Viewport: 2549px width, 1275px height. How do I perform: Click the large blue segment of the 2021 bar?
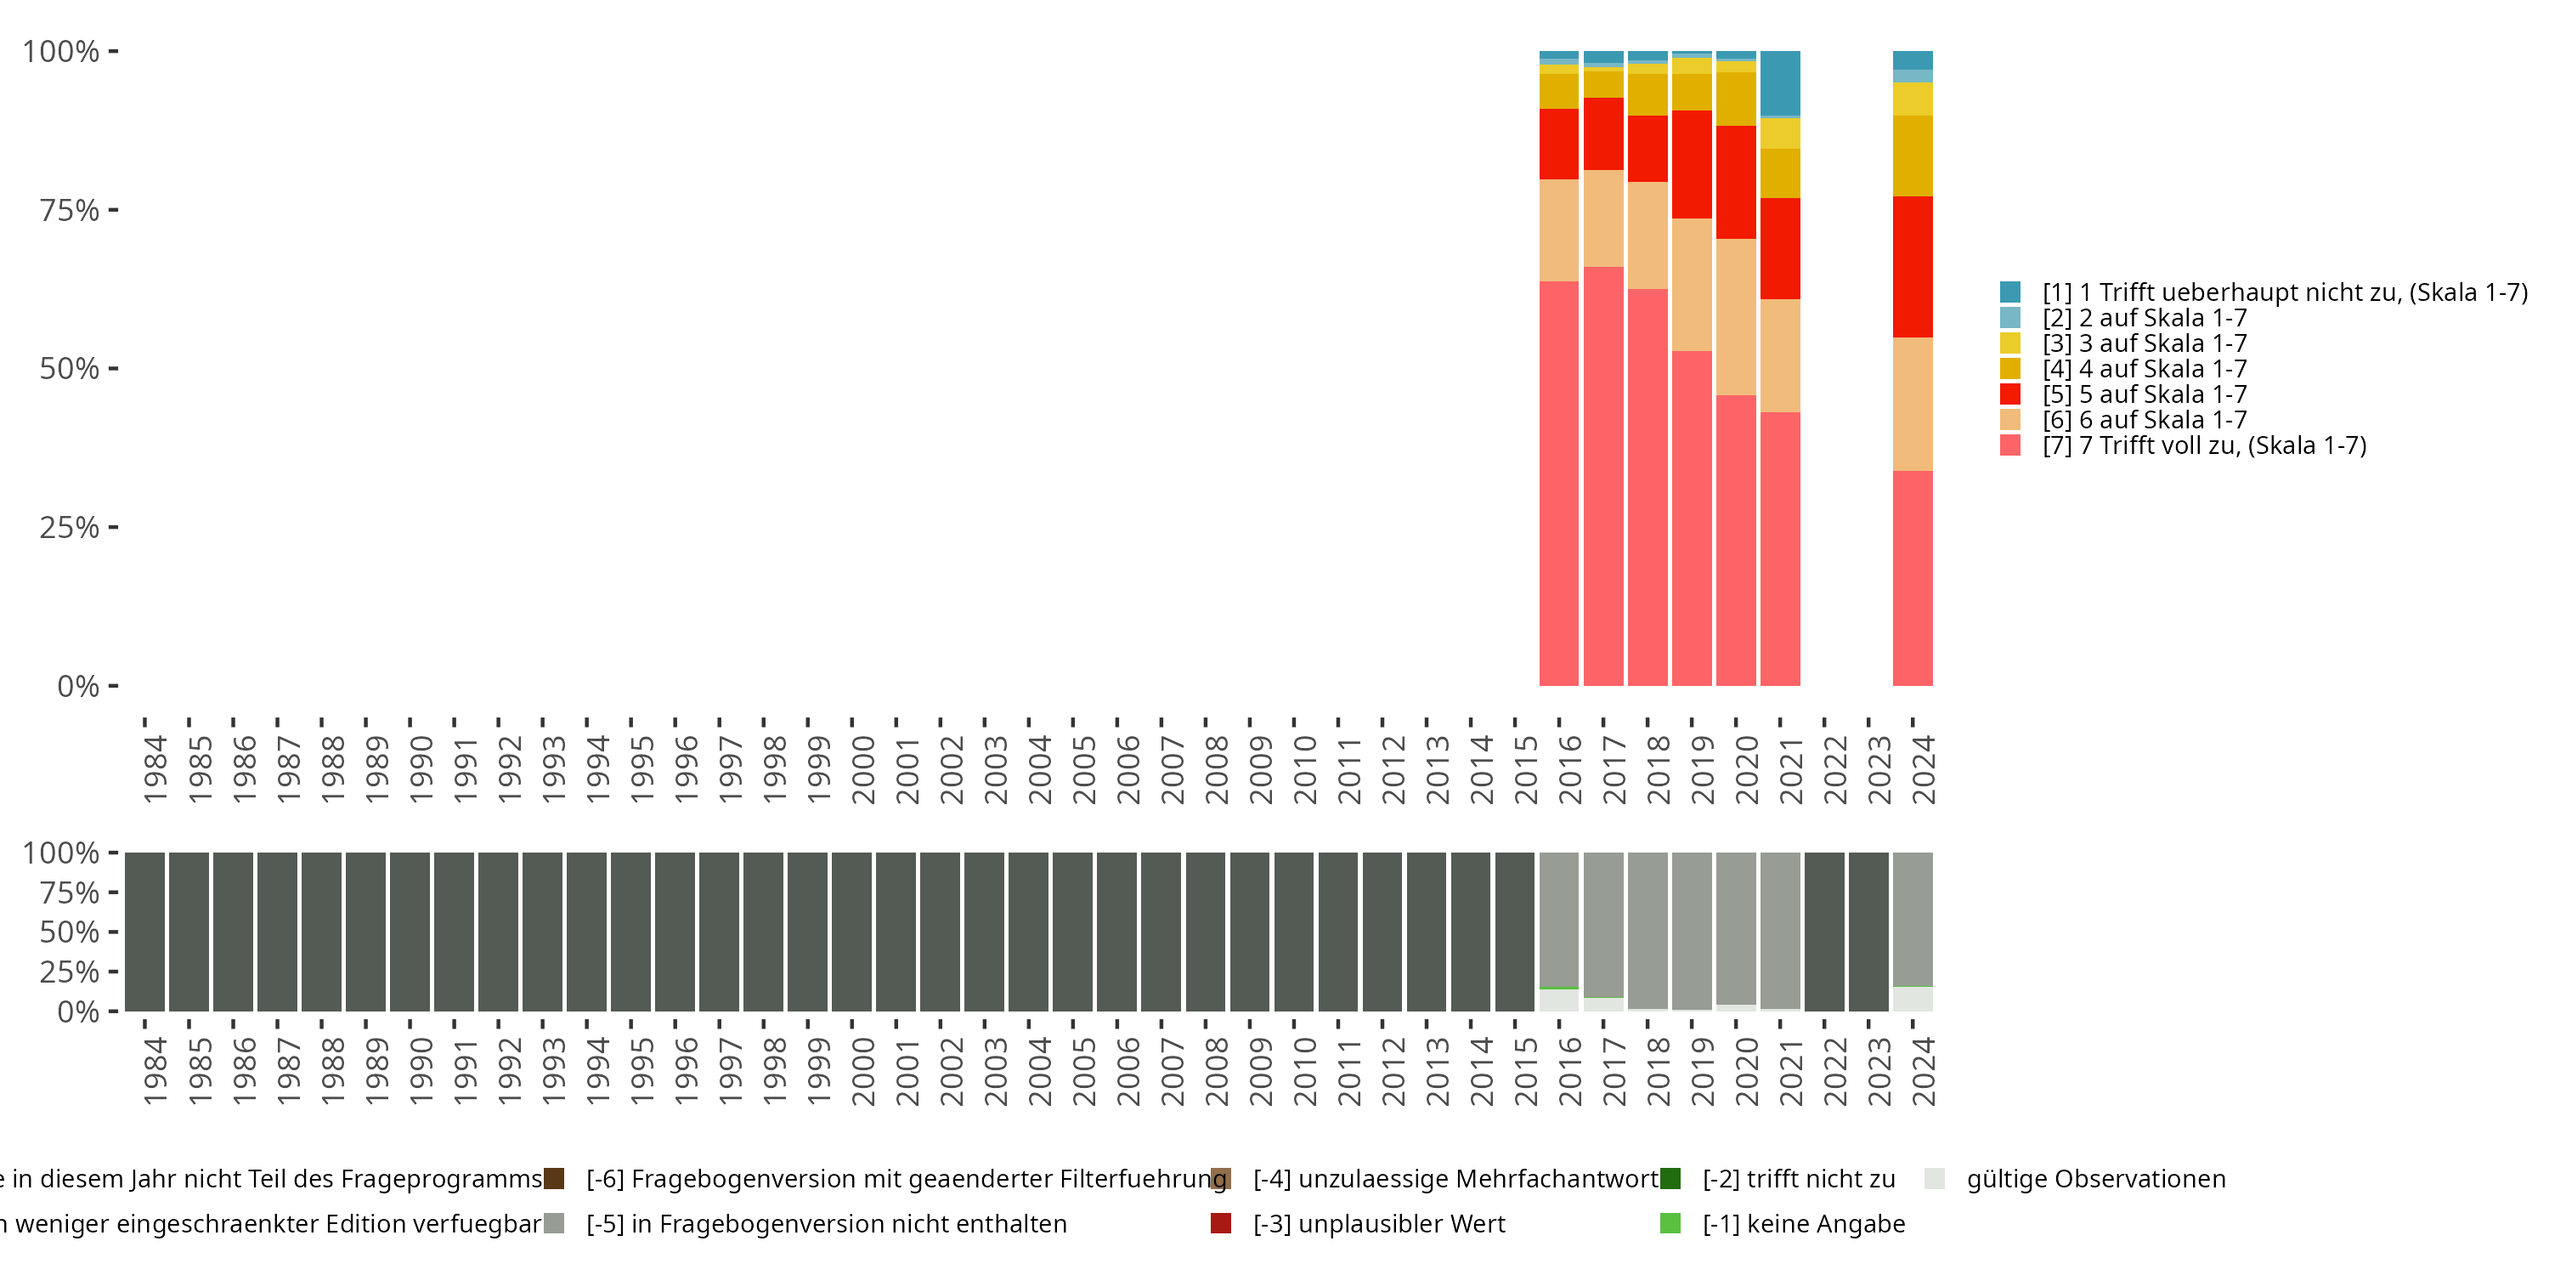pyautogui.click(x=1779, y=84)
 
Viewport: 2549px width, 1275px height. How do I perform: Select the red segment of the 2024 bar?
pyautogui.click(x=1912, y=267)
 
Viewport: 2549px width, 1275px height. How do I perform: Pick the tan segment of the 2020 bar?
pyautogui.click(x=1736, y=317)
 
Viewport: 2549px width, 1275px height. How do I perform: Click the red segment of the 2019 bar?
pyautogui.click(x=1691, y=164)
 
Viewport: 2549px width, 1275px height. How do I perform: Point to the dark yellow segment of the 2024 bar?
pyautogui.click(x=1912, y=156)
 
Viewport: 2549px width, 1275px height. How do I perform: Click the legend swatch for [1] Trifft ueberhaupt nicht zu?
pyautogui.click(x=2009, y=292)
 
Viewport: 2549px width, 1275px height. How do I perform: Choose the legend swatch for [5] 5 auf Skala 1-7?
pyautogui.click(x=2009, y=394)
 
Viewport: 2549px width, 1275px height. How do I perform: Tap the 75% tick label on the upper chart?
pyautogui.click(x=70, y=211)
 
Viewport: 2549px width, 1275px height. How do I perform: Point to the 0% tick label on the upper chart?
pyautogui.click(x=78, y=686)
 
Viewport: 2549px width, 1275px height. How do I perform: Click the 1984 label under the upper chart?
pyautogui.click(x=155, y=769)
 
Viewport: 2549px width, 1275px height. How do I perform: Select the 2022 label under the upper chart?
pyautogui.click(x=1834, y=769)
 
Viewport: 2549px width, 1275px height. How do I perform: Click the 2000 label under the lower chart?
pyautogui.click(x=863, y=1071)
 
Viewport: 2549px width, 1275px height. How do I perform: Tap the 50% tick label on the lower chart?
pyautogui.click(x=70, y=932)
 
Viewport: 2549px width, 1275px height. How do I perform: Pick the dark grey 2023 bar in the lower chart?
pyautogui.click(x=1868, y=932)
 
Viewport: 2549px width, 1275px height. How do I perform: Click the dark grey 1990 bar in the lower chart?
pyautogui.click(x=410, y=932)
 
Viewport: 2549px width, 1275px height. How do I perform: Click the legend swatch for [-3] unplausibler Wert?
pyautogui.click(x=1221, y=1223)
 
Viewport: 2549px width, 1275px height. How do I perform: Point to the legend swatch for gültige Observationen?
pyautogui.click(x=1935, y=1179)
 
